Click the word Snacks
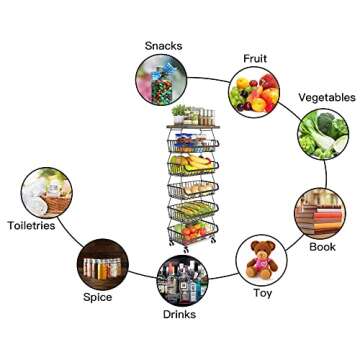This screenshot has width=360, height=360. tap(163, 45)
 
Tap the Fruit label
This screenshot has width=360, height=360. tap(256, 58)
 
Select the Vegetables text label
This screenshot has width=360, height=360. tap(326, 97)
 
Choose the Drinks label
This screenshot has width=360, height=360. tap(179, 314)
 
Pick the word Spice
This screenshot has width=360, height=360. tap(98, 298)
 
